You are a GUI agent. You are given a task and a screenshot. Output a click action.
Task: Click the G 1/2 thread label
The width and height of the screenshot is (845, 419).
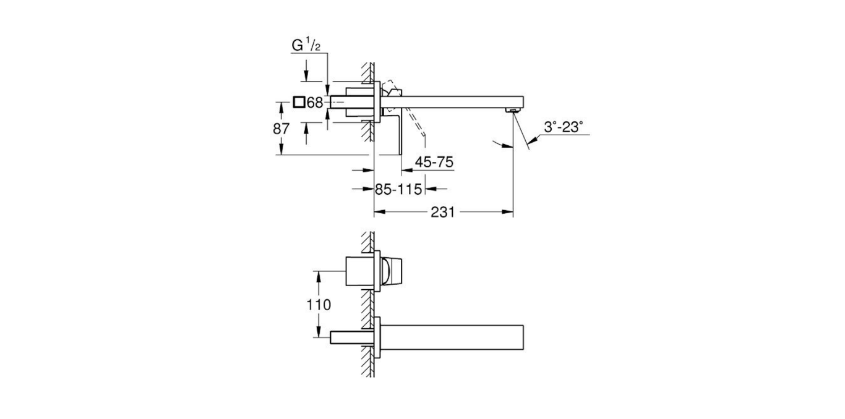(307, 46)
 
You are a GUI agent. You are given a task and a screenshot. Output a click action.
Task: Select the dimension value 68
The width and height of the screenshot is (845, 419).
(315, 103)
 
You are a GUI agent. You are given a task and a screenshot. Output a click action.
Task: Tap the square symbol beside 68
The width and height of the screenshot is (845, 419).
(299, 103)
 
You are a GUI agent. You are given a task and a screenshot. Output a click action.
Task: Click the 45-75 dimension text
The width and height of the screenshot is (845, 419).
(434, 162)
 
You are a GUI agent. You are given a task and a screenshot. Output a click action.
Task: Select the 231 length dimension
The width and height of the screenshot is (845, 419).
(443, 212)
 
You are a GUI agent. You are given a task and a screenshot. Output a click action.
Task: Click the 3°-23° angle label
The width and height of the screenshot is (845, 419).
(563, 127)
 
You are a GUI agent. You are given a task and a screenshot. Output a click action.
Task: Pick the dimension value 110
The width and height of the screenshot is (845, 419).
(318, 305)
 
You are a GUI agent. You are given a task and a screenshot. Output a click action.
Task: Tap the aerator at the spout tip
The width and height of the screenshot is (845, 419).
(512, 111)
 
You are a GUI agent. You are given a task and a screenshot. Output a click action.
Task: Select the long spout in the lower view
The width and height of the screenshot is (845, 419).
(452, 337)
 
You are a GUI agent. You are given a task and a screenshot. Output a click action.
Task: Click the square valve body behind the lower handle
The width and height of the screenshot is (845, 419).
(359, 271)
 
